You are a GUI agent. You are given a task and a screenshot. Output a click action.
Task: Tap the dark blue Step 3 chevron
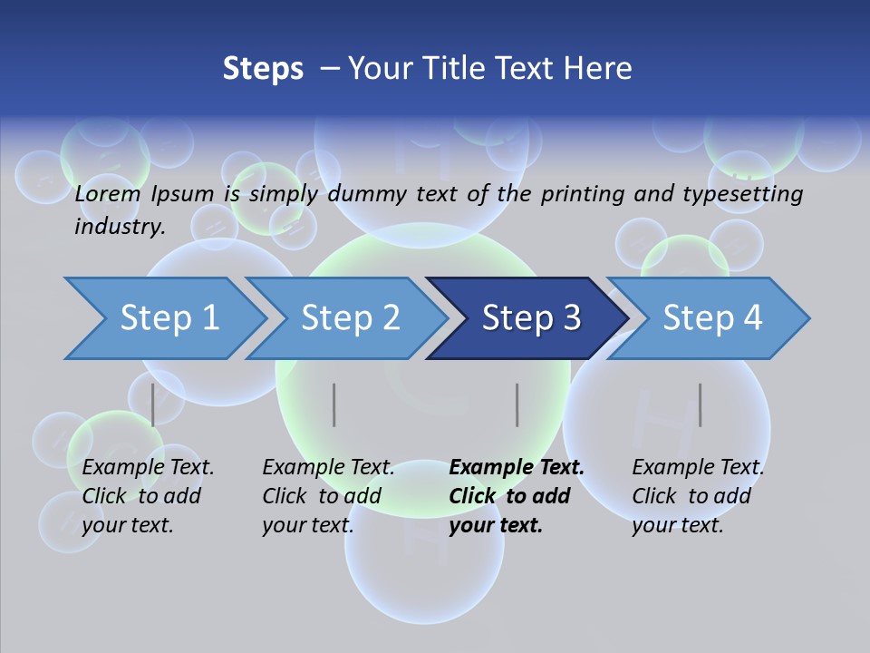click(530, 318)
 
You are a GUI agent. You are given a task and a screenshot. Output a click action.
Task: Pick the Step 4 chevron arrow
click(711, 318)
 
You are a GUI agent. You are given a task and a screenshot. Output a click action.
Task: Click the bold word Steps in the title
click(263, 69)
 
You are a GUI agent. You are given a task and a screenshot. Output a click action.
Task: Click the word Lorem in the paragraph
click(108, 193)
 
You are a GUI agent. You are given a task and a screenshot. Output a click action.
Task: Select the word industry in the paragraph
click(118, 227)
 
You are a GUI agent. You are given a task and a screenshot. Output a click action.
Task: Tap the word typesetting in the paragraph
click(745, 193)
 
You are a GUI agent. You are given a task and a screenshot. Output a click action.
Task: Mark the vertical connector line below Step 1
click(153, 404)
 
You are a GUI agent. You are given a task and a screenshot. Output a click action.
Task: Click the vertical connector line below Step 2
click(334, 404)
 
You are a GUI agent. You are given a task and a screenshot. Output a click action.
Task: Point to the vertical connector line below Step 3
click(517, 404)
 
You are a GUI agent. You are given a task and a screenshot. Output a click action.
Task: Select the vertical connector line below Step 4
click(700, 404)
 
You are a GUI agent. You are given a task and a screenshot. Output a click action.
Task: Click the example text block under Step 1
click(148, 496)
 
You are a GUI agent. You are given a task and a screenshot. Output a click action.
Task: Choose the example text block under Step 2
click(328, 496)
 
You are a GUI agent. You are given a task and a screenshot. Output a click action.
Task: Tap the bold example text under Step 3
click(517, 496)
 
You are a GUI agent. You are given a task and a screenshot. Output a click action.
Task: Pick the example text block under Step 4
click(698, 496)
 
